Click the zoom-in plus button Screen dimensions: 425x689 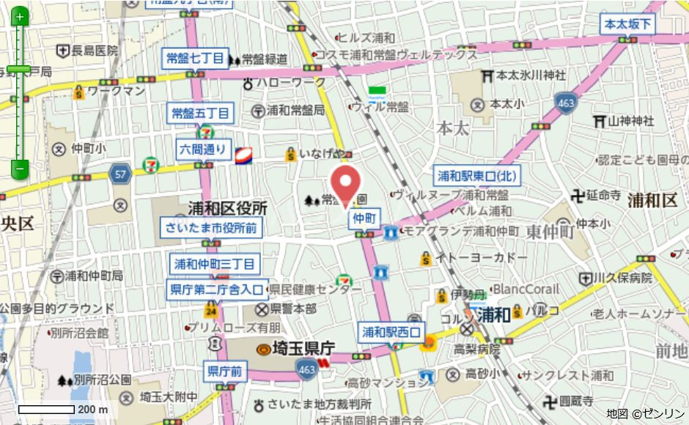(20, 16)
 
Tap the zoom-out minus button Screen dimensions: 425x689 (20, 169)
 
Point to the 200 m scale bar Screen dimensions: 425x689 (46, 409)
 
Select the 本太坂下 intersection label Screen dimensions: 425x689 (627, 24)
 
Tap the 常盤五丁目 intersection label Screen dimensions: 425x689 (201, 114)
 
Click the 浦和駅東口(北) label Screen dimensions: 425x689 (477, 176)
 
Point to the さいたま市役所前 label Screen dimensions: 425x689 (211, 228)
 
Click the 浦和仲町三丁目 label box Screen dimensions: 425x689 (214, 264)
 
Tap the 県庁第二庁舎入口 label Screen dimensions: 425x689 (216, 289)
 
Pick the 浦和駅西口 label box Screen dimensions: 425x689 (391, 332)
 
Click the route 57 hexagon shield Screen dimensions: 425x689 (120, 174)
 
